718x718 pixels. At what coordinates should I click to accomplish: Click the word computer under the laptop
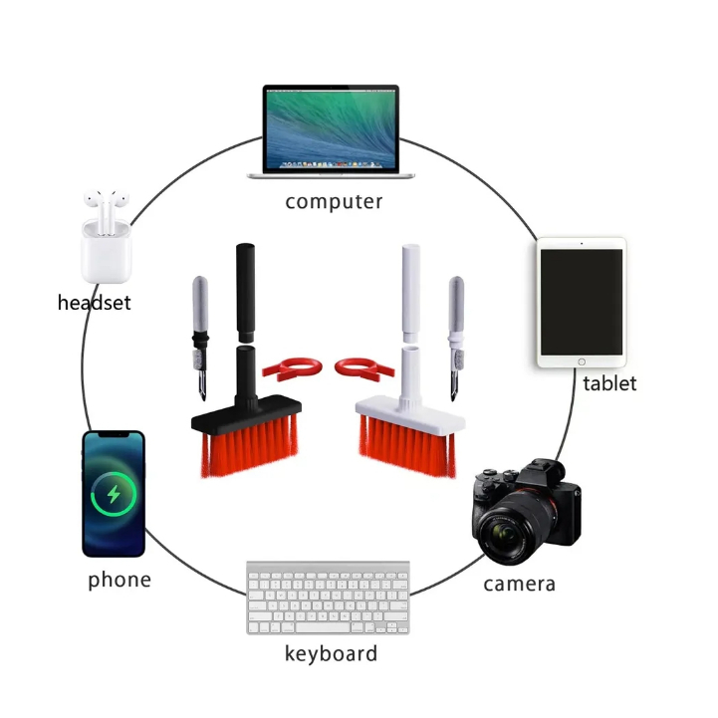[334, 202]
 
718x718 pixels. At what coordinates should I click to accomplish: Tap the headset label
[94, 303]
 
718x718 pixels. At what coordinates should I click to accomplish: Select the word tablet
[609, 382]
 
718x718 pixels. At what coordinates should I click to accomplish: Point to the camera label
[519, 584]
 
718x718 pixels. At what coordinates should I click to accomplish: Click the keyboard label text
[331, 654]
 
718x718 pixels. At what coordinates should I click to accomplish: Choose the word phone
[120, 580]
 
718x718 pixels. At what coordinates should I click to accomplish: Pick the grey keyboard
[329, 598]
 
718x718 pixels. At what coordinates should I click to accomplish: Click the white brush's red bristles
[406, 442]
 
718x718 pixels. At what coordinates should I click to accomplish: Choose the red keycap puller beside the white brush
[359, 369]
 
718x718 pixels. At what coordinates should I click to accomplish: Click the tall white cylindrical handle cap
[412, 291]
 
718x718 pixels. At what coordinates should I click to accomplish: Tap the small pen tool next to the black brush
[199, 334]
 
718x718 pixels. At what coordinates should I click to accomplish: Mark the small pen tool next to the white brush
[457, 334]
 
